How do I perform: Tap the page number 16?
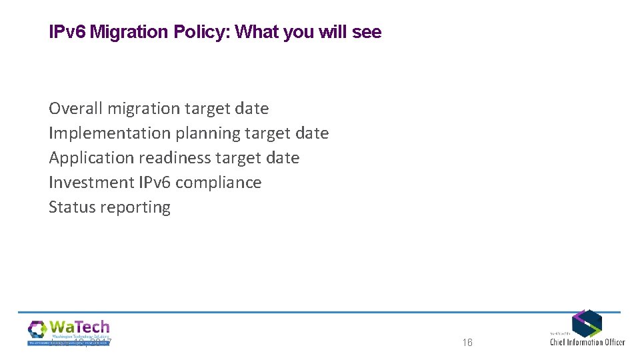pos(467,343)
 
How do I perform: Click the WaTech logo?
pos(69,332)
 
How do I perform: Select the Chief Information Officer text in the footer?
pos(587,342)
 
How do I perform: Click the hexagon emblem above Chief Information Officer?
pos(587,323)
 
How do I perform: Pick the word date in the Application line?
pos(283,158)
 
